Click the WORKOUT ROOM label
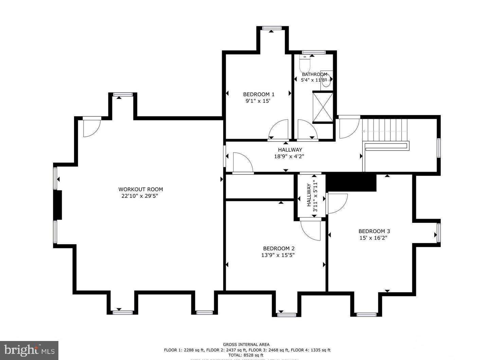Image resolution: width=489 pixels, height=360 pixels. click(141, 189)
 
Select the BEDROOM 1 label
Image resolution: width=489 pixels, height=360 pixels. click(258, 94)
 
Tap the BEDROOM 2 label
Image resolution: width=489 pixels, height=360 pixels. click(276, 248)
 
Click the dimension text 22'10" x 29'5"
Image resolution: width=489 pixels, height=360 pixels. click(140, 196)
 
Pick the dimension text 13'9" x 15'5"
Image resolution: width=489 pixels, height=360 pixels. click(275, 255)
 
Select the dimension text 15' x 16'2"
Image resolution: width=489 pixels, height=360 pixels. click(373, 238)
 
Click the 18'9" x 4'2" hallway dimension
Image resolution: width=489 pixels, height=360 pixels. click(289, 156)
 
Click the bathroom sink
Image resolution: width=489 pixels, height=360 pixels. click(326, 79)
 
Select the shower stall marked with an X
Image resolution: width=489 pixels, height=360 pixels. click(323, 107)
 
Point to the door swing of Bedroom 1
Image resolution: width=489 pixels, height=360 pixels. click(278, 130)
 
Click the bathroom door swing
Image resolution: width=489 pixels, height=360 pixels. click(307, 130)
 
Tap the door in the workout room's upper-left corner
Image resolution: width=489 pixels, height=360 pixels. click(91, 127)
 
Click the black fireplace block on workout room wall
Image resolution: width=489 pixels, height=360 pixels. click(58, 205)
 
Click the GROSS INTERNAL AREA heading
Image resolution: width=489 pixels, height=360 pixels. click(246, 344)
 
